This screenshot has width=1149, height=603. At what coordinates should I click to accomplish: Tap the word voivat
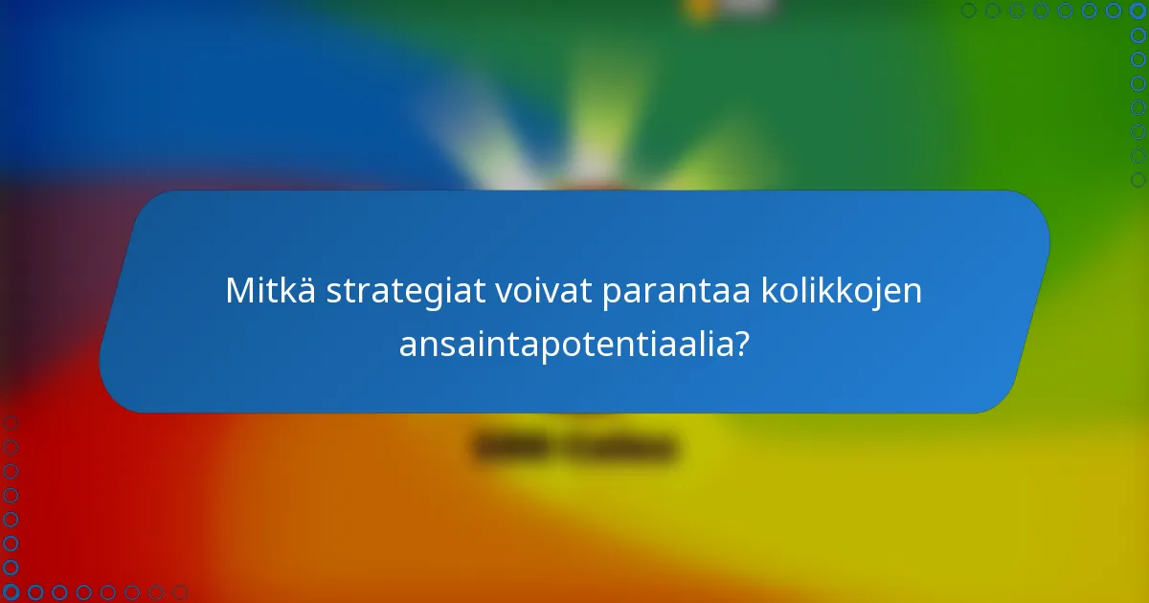click(x=542, y=291)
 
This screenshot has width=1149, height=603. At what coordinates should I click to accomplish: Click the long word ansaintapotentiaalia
click(x=564, y=343)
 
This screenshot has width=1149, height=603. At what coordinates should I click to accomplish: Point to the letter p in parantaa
click(x=609, y=295)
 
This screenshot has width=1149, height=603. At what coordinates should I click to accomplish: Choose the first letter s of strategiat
click(x=333, y=293)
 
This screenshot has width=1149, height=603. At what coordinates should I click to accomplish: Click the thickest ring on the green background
click(x=1138, y=180)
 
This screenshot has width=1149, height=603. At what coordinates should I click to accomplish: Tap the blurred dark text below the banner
click(x=574, y=447)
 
